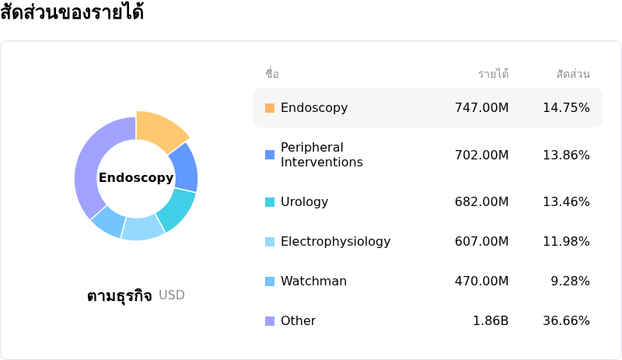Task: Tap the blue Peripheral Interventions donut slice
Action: pyautogui.click(x=183, y=166)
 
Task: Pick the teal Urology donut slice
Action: pyautogui.click(x=176, y=208)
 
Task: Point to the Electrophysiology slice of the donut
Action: pyautogui.click(x=142, y=227)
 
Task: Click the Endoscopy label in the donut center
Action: pyautogui.click(x=136, y=178)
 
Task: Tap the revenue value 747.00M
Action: pyautogui.click(x=481, y=108)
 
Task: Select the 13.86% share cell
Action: pyautogui.click(x=566, y=155)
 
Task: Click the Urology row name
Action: pyautogui.click(x=304, y=202)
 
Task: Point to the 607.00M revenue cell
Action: pyautogui.click(x=481, y=242)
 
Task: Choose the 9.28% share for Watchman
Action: pyautogui.click(x=570, y=281)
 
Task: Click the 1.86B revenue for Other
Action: pyautogui.click(x=491, y=321)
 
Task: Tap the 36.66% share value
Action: pyautogui.click(x=566, y=321)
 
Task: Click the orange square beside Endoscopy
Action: pyautogui.click(x=270, y=108)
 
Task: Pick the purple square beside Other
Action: pyautogui.click(x=270, y=321)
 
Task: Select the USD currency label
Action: pyautogui.click(x=172, y=295)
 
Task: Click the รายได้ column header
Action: pyautogui.click(x=493, y=74)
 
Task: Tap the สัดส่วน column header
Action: pyautogui.click(x=573, y=74)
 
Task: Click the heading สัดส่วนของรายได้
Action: pyautogui.click(x=72, y=13)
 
